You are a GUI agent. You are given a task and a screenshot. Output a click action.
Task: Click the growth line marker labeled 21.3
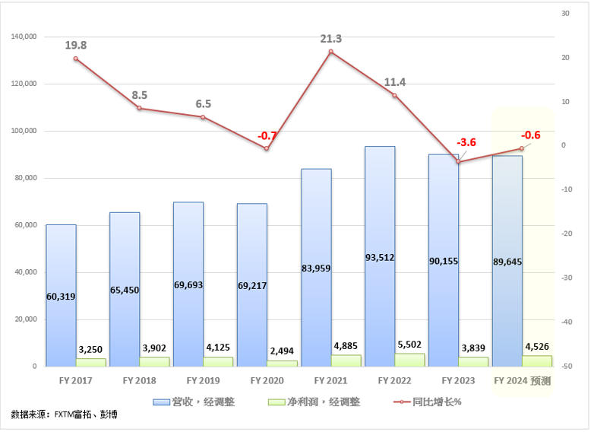331,52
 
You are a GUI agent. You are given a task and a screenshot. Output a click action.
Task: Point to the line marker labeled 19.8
76,59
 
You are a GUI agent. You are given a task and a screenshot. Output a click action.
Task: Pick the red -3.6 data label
466,142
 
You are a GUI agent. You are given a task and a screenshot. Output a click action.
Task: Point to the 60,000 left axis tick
26,225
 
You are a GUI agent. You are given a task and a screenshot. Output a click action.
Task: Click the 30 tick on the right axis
564,14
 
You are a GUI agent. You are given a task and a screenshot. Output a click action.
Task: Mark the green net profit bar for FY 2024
537,361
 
